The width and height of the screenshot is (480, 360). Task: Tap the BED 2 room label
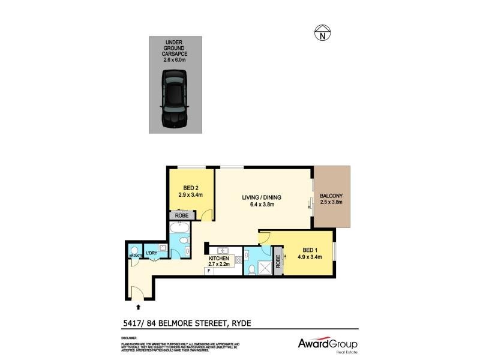(x=190, y=191)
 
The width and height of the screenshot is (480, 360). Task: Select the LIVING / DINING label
(x=262, y=201)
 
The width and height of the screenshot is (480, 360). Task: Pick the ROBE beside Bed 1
(x=278, y=262)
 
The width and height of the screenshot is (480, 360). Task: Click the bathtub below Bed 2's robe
(x=179, y=229)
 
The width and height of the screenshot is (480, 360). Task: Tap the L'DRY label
(x=151, y=253)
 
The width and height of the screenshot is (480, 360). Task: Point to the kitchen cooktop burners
(x=238, y=260)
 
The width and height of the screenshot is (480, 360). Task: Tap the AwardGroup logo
(x=328, y=344)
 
